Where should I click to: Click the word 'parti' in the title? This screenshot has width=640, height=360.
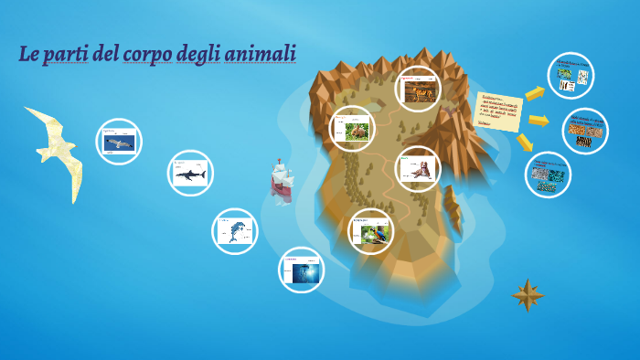[x=66, y=54]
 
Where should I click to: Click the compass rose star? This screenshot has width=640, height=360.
[x=528, y=294]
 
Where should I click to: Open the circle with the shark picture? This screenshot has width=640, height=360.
[x=190, y=173]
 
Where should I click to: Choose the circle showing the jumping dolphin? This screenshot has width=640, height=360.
[x=234, y=231]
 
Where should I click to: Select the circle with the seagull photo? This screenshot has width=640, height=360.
[x=119, y=142]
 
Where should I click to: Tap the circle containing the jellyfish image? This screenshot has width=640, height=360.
[x=302, y=270]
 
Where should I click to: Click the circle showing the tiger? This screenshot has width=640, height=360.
[x=418, y=89]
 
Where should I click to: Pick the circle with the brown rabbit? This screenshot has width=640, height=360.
[x=352, y=129]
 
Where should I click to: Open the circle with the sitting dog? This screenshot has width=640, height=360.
[x=418, y=168]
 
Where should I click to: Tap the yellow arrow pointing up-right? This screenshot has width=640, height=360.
[x=535, y=92]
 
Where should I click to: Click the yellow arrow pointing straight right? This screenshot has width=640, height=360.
[x=539, y=121]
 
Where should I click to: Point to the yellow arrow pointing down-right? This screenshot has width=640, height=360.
[x=525, y=143]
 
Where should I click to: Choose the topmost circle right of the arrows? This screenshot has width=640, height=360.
[x=571, y=75]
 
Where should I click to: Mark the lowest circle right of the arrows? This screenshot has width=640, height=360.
[x=548, y=175]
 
